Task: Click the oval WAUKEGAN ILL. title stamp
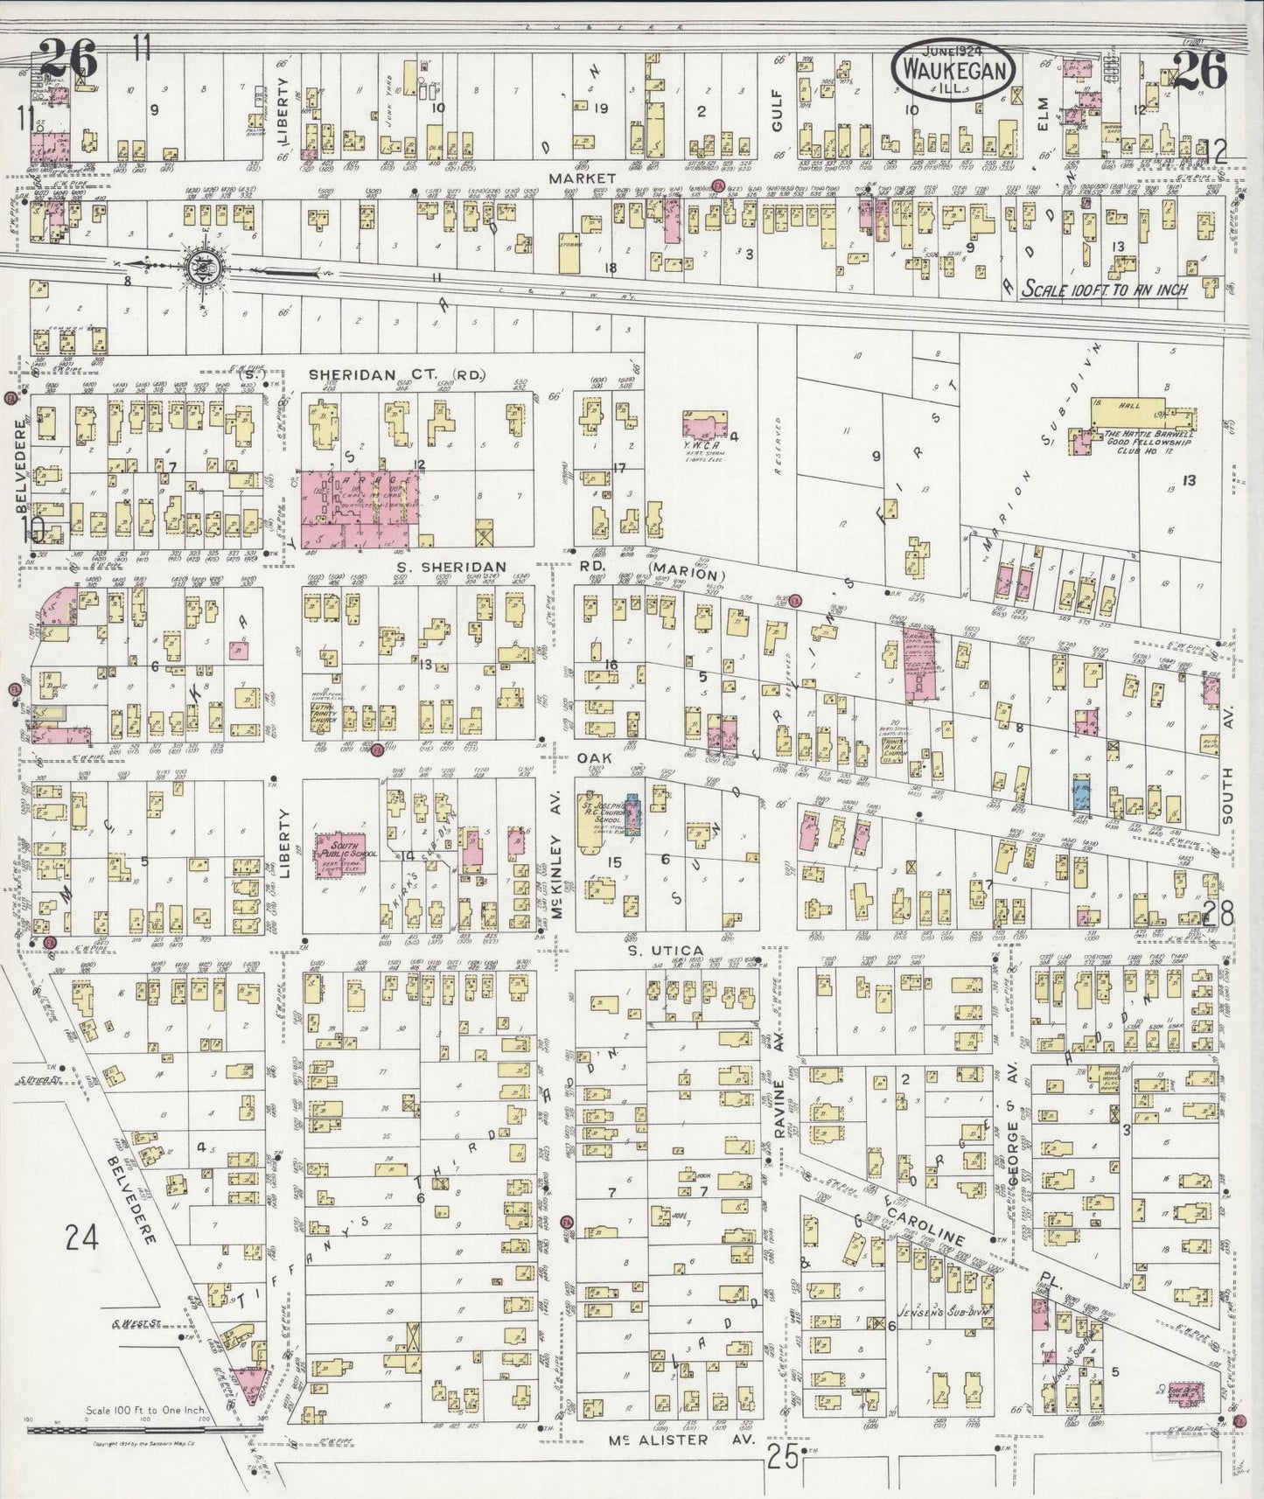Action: [953, 68]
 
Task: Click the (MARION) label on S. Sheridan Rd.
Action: [688, 574]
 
